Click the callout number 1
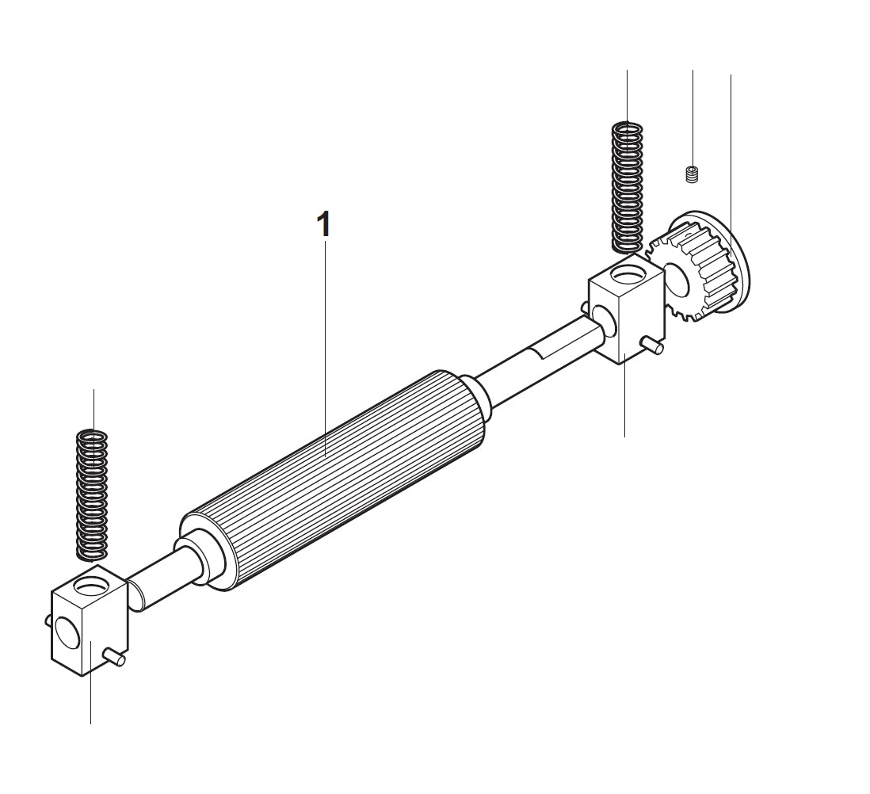322,224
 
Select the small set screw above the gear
691,174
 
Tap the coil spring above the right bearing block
629,186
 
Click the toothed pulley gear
697,269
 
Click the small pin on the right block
651,343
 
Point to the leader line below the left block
90,697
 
